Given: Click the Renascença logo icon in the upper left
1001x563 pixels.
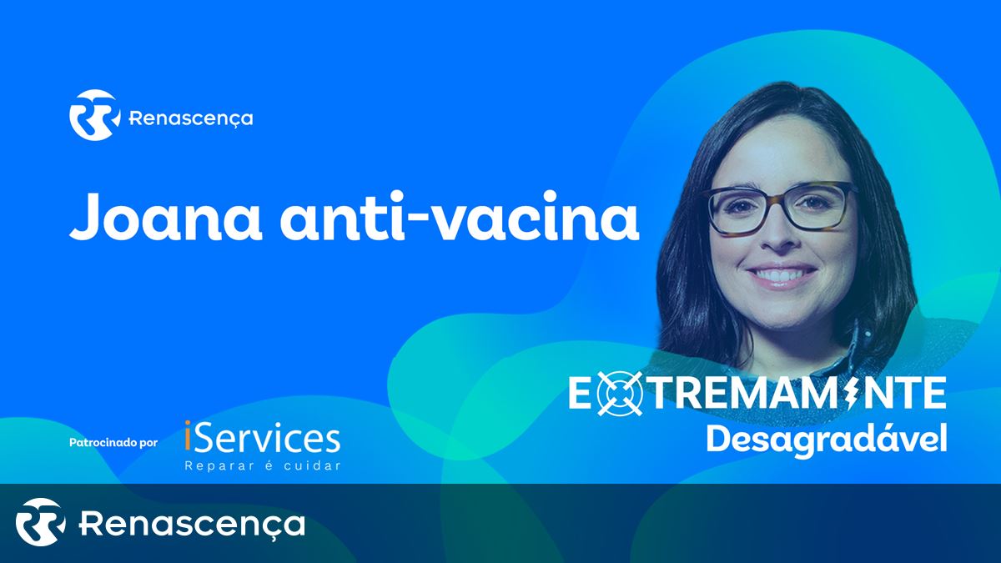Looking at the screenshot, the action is pos(95,115).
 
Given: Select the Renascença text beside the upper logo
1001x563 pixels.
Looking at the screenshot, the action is pos(191,118).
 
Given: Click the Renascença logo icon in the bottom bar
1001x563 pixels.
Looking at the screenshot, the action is pos(40,522).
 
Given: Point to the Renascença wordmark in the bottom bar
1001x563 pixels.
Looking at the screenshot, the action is pos(192,524).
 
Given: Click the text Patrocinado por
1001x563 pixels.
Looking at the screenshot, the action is pos(113,443).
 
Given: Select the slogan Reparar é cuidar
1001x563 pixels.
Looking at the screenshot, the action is pos(263,465).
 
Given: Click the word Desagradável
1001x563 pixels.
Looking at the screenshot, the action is pos(827,440).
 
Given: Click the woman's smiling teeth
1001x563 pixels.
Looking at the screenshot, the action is pos(782,275).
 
